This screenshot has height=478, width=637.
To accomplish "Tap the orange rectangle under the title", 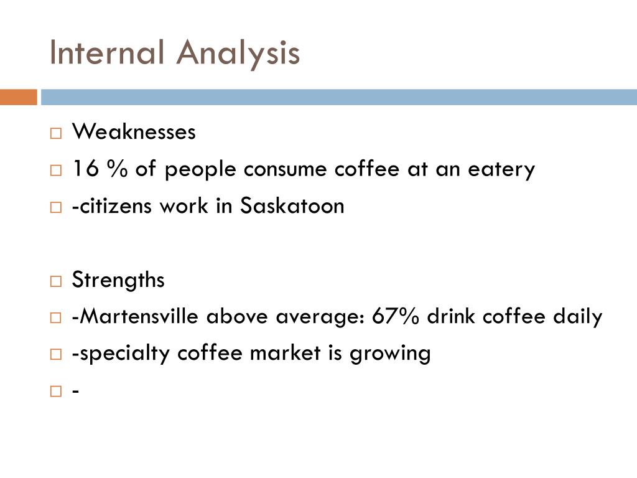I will point(18,97).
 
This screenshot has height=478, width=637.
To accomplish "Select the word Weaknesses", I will point(134,131).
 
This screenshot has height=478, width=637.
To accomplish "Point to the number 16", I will point(83,169).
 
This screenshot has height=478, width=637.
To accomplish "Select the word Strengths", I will point(118,280).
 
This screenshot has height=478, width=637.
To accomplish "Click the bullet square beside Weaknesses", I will point(56,133).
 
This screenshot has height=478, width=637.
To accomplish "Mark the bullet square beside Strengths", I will point(56,281).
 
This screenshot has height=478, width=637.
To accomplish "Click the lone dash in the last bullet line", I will point(75,391).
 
